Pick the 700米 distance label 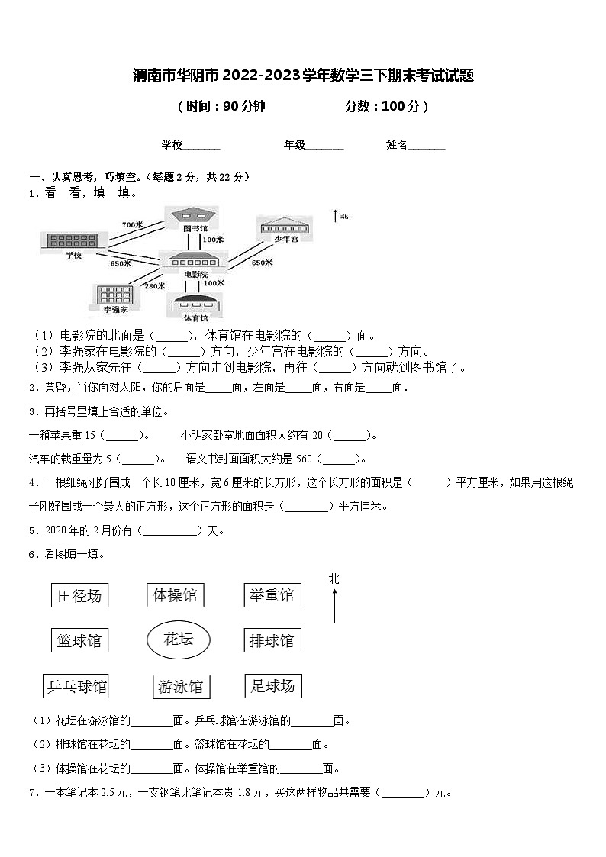pyautogui.click(x=132, y=224)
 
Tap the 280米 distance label pyautogui.click(x=155, y=286)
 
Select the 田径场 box pyautogui.click(x=79, y=595)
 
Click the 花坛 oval pyautogui.click(x=179, y=640)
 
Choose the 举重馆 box pyautogui.click(x=272, y=595)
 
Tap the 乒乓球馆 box pyautogui.click(x=76, y=686)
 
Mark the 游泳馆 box pyautogui.click(x=181, y=687)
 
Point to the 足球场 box pyautogui.click(x=272, y=685)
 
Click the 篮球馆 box pyautogui.click(x=79, y=640)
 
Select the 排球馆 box pyautogui.click(x=272, y=640)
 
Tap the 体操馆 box pyautogui.click(x=175, y=595)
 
